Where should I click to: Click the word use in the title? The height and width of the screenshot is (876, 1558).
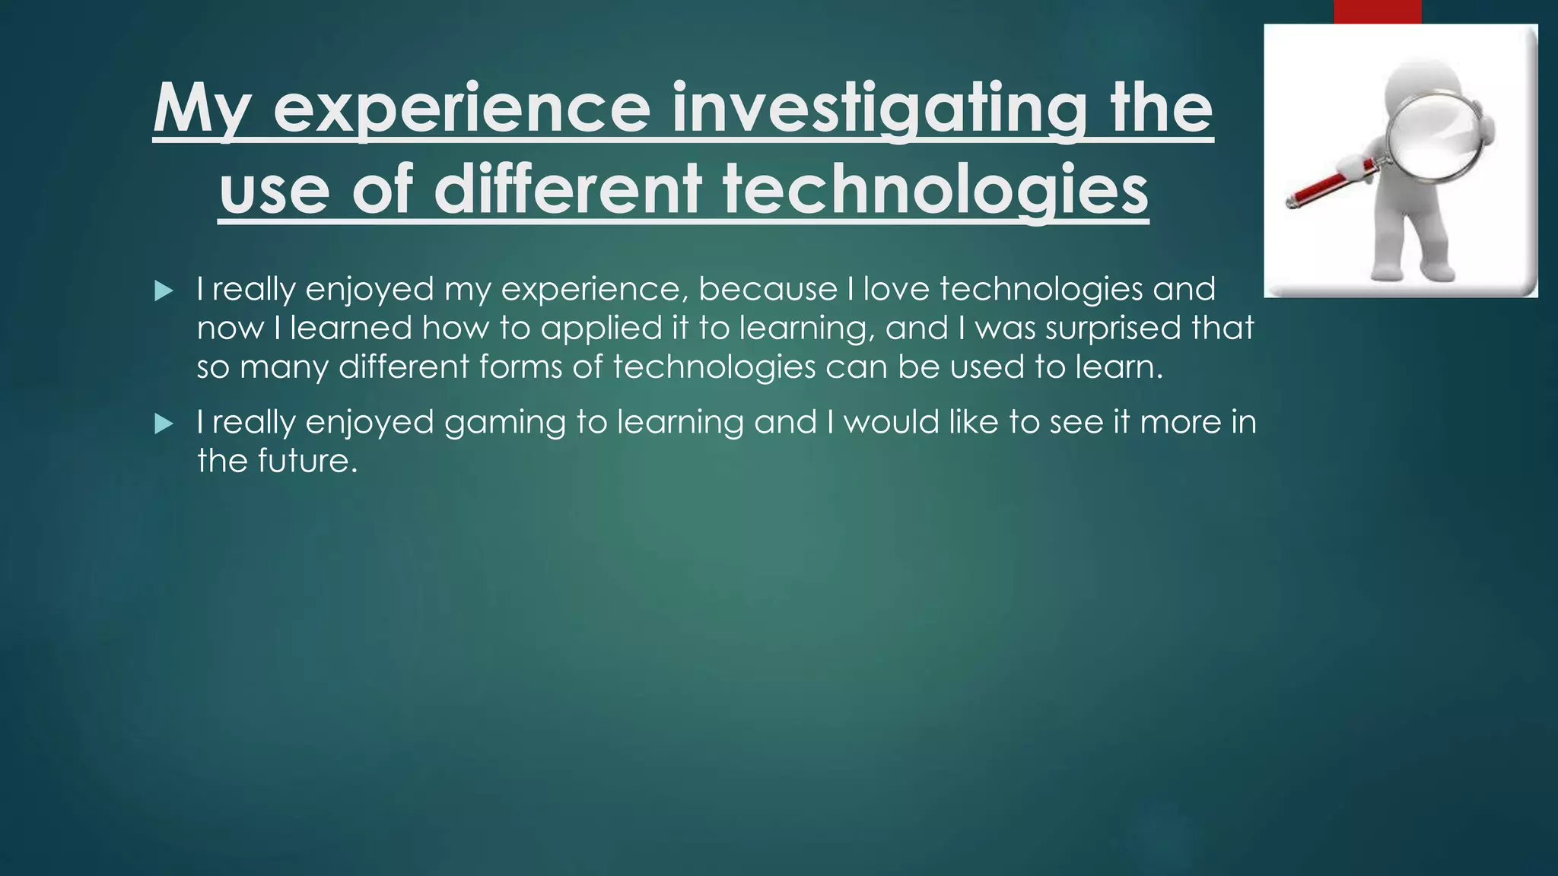pyautogui.click(x=275, y=190)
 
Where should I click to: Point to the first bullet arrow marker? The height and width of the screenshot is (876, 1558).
pyautogui.click(x=164, y=290)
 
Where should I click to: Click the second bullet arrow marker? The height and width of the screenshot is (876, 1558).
pyautogui.click(x=164, y=424)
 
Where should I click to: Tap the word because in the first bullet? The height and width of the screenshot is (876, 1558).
pyautogui.click(x=768, y=289)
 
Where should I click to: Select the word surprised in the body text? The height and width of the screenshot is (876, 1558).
pyautogui.click(x=1113, y=328)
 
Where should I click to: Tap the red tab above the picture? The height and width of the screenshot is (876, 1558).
pyautogui.click(x=1377, y=11)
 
